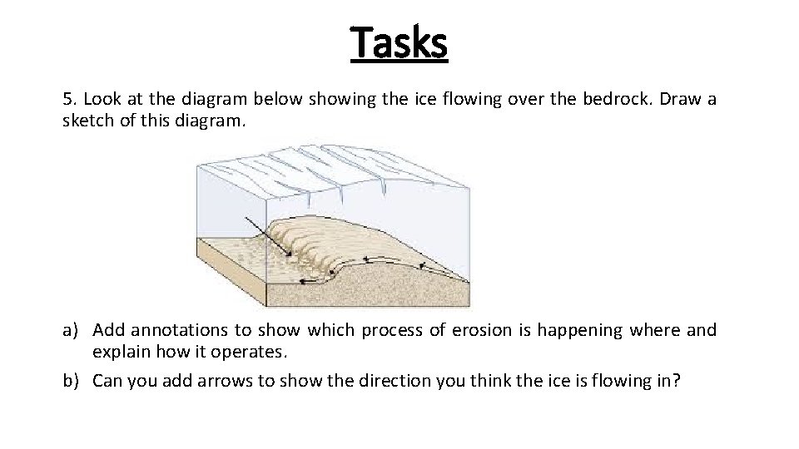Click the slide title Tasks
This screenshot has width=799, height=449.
399,42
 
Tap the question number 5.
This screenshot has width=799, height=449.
67,100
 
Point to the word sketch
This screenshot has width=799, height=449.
87,120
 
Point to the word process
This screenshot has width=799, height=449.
388,331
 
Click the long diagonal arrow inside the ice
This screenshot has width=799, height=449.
269,236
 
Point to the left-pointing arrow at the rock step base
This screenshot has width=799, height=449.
311,281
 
